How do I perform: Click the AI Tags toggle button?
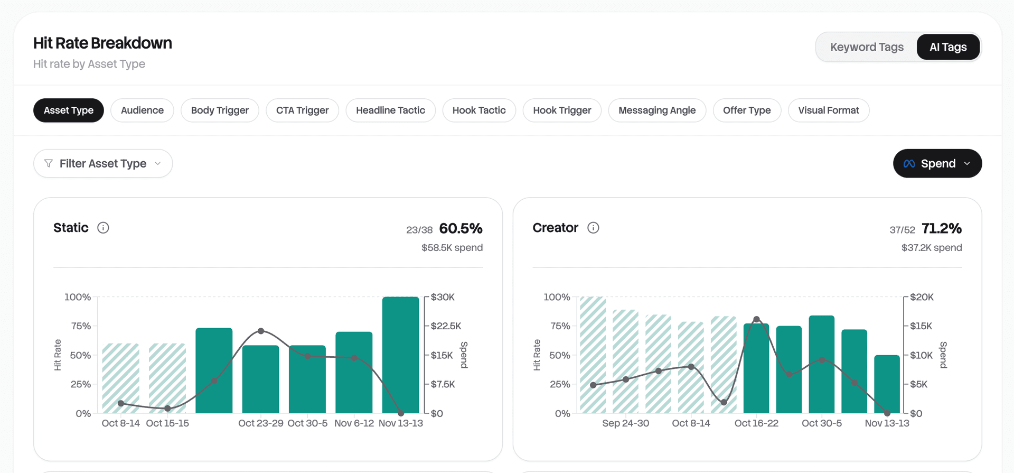(948, 47)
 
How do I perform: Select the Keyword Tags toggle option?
(867, 47)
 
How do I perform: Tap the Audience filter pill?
(142, 110)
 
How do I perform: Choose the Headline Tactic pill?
(390, 110)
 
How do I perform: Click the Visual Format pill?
(828, 110)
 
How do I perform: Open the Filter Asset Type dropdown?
(103, 163)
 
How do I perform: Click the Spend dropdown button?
(937, 163)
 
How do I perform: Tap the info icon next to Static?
(103, 228)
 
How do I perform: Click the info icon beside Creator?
(593, 228)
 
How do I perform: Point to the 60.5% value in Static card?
(461, 228)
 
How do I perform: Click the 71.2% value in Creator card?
(941, 228)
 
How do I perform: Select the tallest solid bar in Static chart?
(400, 354)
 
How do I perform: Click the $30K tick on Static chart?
(443, 297)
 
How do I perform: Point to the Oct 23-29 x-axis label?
(260, 423)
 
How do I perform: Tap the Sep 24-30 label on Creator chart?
(625, 423)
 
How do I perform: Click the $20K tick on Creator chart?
(922, 297)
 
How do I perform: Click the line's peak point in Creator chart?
(756, 319)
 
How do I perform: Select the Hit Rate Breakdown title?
(102, 43)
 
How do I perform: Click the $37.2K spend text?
(931, 247)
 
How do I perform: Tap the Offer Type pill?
(746, 110)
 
